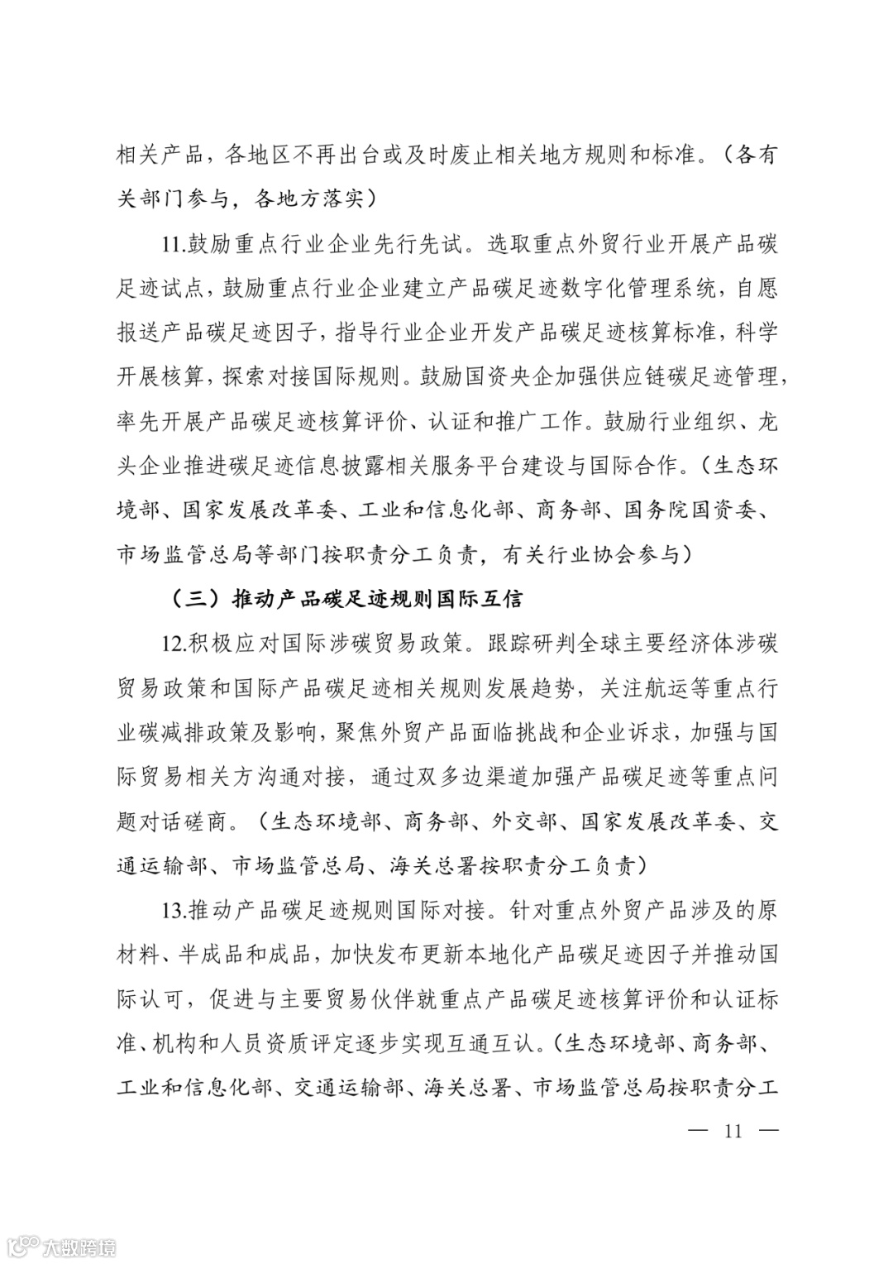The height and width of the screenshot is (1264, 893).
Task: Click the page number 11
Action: tap(733, 1131)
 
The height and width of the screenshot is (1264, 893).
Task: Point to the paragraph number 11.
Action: tap(174, 245)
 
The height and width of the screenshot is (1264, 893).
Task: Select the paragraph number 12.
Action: tap(174, 643)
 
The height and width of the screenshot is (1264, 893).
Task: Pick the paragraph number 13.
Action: tap(174, 911)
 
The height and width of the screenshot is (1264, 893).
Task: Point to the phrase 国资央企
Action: tap(522, 377)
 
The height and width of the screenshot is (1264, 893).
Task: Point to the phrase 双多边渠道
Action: tap(456, 777)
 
